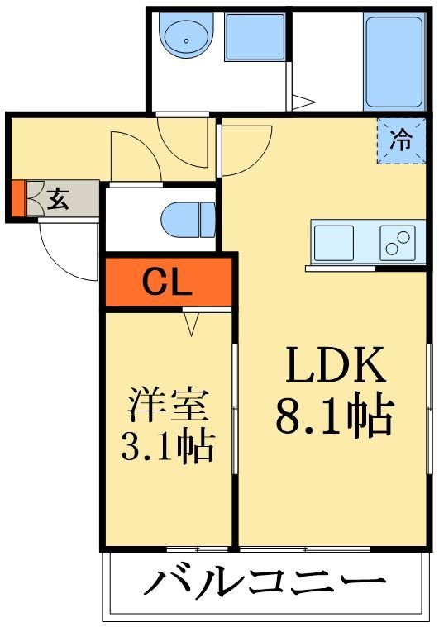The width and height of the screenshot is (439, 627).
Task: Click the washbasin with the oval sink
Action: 185,36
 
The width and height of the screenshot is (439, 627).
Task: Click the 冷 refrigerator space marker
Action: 400,141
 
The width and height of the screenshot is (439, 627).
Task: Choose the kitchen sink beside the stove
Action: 334,242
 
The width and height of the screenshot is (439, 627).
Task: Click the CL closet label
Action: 168,283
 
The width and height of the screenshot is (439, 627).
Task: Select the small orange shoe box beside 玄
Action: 17,198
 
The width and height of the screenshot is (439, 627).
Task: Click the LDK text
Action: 335,367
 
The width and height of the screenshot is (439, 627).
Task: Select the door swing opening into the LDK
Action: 245,149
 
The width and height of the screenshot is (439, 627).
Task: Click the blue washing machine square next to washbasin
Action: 255,36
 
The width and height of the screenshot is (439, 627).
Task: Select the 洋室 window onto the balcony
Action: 197,549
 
